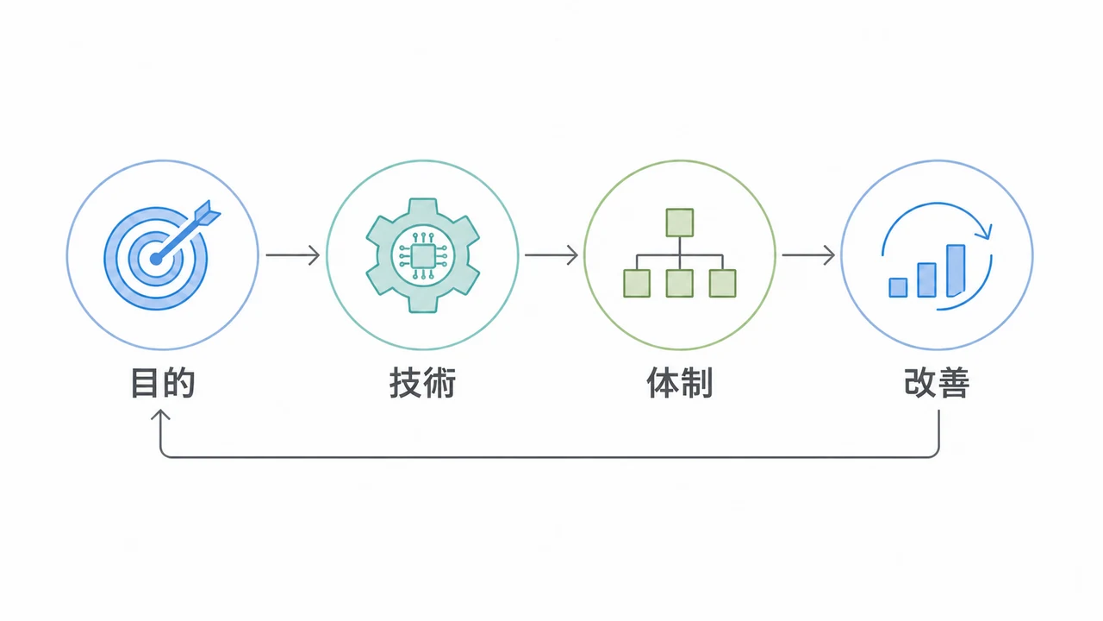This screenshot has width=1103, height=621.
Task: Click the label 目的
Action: [x=163, y=382]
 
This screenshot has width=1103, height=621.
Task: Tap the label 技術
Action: [x=422, y=382]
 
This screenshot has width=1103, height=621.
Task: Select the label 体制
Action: [x=680, y=382]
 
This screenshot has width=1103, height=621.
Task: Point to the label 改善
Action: [x=937, y=382]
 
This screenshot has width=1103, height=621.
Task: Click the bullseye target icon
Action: [x=156, y=258]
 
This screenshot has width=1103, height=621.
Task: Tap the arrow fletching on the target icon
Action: [x=208, y=213]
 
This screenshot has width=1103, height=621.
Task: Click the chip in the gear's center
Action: [x=422, y=256]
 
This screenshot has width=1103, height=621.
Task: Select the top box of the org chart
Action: [x=680, y=223]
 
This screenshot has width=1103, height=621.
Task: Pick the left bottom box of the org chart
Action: [x=637, y=284]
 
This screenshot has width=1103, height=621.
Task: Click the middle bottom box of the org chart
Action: [x=680, y=284]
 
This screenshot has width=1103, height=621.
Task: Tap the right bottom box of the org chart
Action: [x=722, y=284]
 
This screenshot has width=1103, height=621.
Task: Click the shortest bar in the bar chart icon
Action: [x=898, y=288]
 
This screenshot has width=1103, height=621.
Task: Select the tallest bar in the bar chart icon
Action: [x=956, y=271]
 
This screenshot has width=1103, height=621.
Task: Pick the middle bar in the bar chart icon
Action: [x=926, y=280]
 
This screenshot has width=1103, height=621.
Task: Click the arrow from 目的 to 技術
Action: [x=293, y=254]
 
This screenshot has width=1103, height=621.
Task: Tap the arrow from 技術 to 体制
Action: [x=551, y=254]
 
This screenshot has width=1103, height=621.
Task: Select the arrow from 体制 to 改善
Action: [x=808, y=254]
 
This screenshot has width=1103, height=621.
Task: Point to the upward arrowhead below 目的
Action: [x=160, y=415]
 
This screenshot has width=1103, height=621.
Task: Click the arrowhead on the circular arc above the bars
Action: [x=984, y=231]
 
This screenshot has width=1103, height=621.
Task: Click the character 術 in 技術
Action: [x=439, y=382]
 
